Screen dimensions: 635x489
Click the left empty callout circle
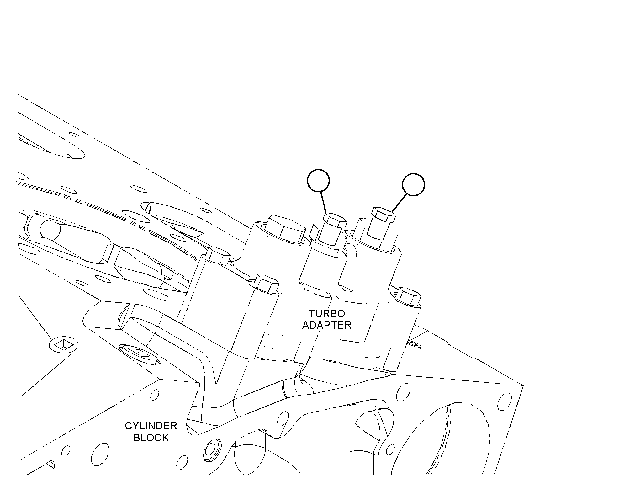pos(318,180)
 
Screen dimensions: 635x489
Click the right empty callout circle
pos(414,184)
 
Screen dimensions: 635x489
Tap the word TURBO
pos(327,313)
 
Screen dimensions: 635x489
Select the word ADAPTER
pos(327,325)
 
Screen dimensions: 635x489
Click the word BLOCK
pos(151,438)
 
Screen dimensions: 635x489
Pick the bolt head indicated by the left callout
pos(335,221)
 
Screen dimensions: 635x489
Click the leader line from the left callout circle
pos(323,203)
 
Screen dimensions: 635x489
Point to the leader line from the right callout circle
pos(399,203)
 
